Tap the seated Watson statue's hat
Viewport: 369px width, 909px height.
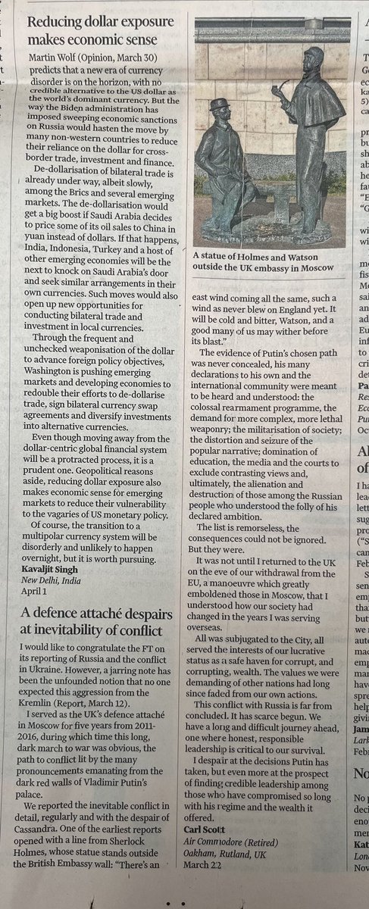point(220,104)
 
